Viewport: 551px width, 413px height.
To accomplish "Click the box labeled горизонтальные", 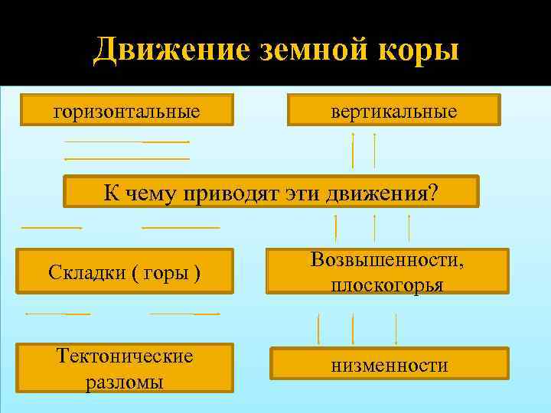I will pos(126,112).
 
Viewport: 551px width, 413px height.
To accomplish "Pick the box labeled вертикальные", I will pos(393,112).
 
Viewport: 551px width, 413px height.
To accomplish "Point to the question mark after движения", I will pos(435,192).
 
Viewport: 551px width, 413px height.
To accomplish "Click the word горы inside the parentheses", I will pos(161,272).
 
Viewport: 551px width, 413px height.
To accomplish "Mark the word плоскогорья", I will pos(387,285).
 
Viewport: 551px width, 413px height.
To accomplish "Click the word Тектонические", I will pos(126,356).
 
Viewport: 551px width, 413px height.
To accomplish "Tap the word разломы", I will pos(125,381).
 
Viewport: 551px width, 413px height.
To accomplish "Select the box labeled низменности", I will pos(389,365).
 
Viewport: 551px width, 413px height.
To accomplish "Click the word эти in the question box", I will pos(306,192).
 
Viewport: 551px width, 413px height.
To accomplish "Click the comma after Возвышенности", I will pos(461,262).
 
